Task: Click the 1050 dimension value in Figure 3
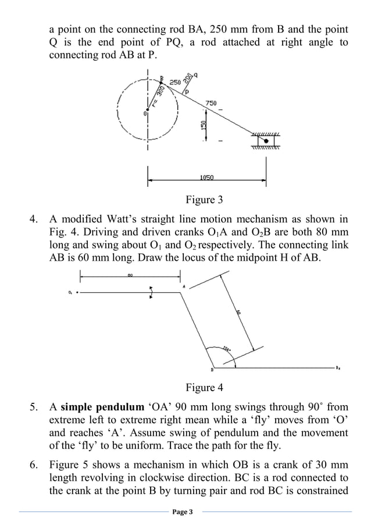[x=206, y=178]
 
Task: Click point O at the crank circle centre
[x=145, y=113]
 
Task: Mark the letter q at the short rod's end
[x=195, y=75]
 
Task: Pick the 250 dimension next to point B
[x=174, y=83]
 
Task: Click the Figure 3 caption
[x=204, y=200]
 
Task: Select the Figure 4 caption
[x=204, y=388]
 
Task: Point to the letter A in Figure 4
[x=184, y=286]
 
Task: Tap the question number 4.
[x=34, y=219]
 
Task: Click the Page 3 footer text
[x=185, y=512]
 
